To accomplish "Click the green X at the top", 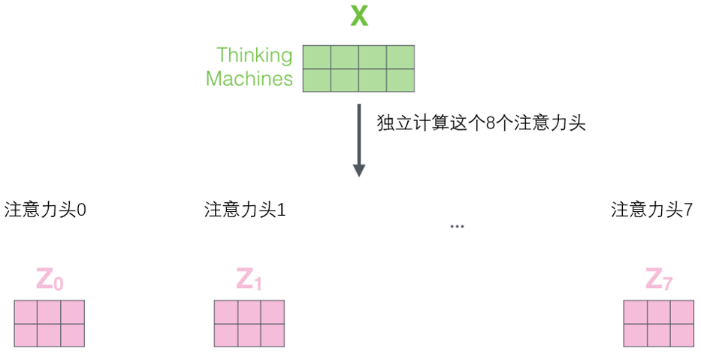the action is coord(359,16).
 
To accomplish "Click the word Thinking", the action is coord(254,55).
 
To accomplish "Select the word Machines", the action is coord(249,79).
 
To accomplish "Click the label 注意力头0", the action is coord(45,210).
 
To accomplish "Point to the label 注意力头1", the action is coord(245,210).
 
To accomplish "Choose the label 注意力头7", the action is coord(651,210).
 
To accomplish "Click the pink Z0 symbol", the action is coord(50,280).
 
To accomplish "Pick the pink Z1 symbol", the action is coord(249,280).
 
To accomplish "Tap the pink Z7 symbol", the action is coord(659,280).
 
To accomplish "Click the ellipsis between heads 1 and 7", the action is coord(456,226).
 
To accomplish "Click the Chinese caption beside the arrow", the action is coord(481,123).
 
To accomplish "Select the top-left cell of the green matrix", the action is coord(317,57).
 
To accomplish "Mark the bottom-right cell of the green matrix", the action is coord(400,80).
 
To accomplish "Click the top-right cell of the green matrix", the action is coord(400,57).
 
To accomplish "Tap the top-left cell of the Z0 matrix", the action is coord(26,312).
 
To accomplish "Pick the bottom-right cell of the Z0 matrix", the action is coord(73,334).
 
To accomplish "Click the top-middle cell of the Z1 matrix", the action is coord(249,312).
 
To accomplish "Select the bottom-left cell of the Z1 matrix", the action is coord(226,334).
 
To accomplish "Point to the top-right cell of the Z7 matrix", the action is coord(682,312).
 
